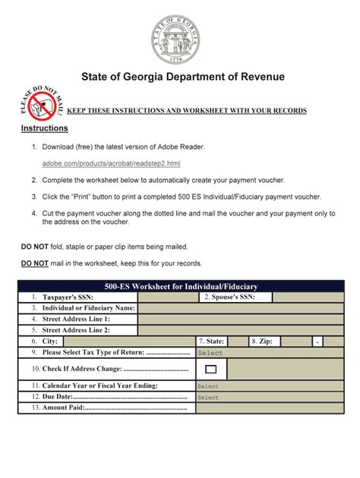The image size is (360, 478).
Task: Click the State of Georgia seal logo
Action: [180, 36]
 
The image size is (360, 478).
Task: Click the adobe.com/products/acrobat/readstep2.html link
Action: [111, 163]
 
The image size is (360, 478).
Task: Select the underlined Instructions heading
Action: [44, 129]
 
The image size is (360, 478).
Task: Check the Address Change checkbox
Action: [211, 370]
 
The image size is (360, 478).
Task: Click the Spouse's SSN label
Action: [229, 297]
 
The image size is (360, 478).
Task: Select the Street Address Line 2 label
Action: [75, 330]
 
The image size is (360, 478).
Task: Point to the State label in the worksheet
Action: [211, 342]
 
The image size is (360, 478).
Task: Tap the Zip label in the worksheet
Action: [264, 342]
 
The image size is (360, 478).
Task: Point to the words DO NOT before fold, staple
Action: [33, 247]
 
